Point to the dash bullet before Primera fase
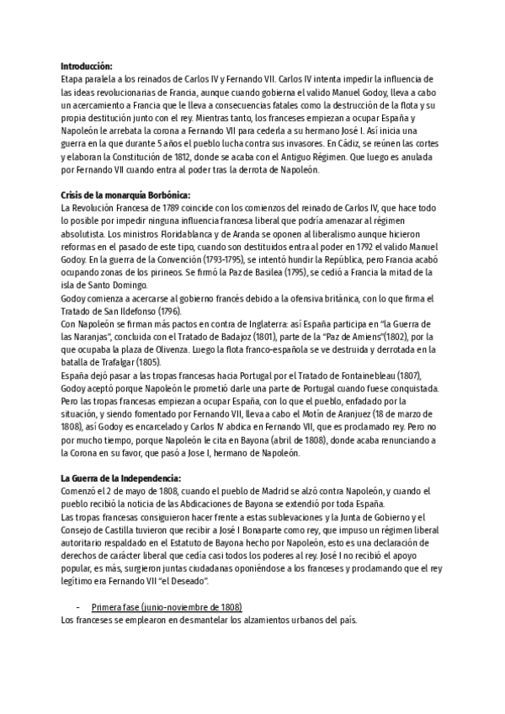pos(78,607)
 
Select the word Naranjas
pos(91,337)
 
